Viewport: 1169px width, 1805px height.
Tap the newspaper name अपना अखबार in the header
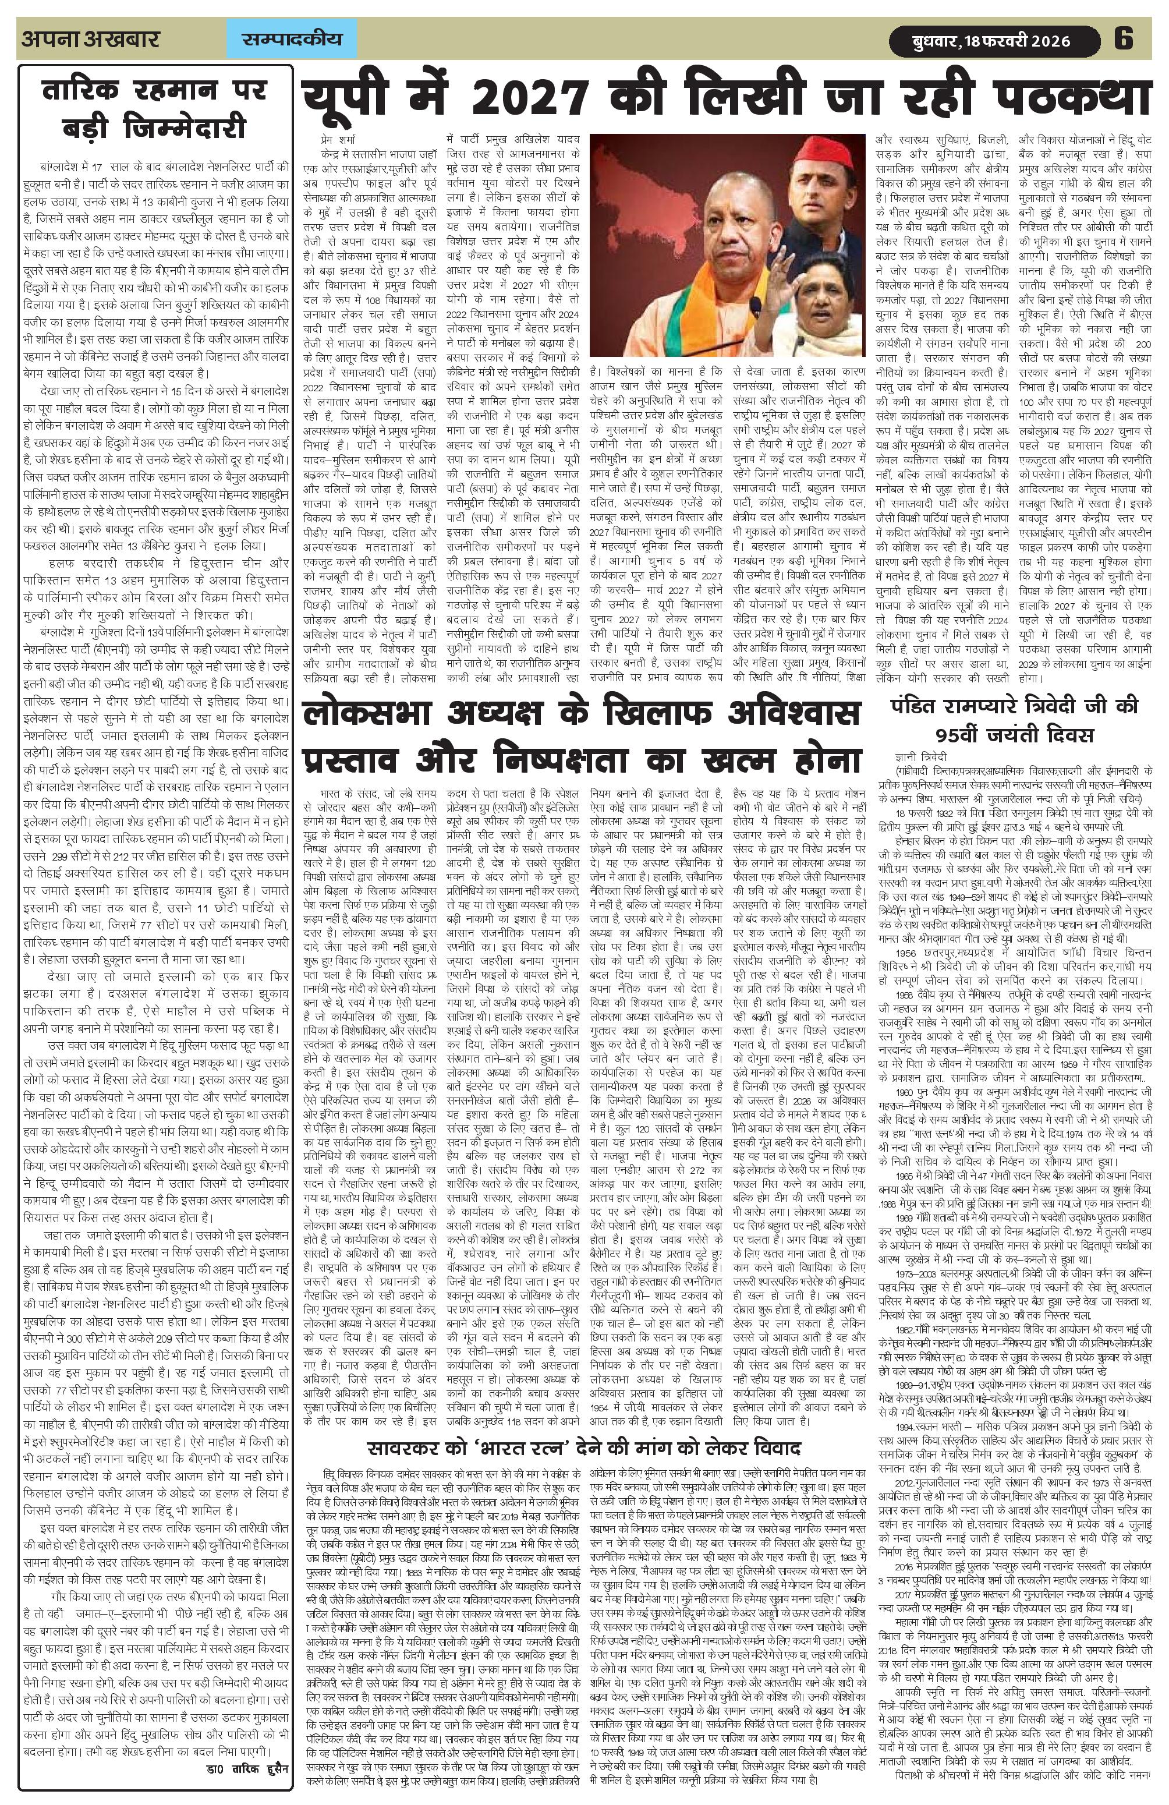91,38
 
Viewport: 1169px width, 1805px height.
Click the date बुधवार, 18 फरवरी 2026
989,40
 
